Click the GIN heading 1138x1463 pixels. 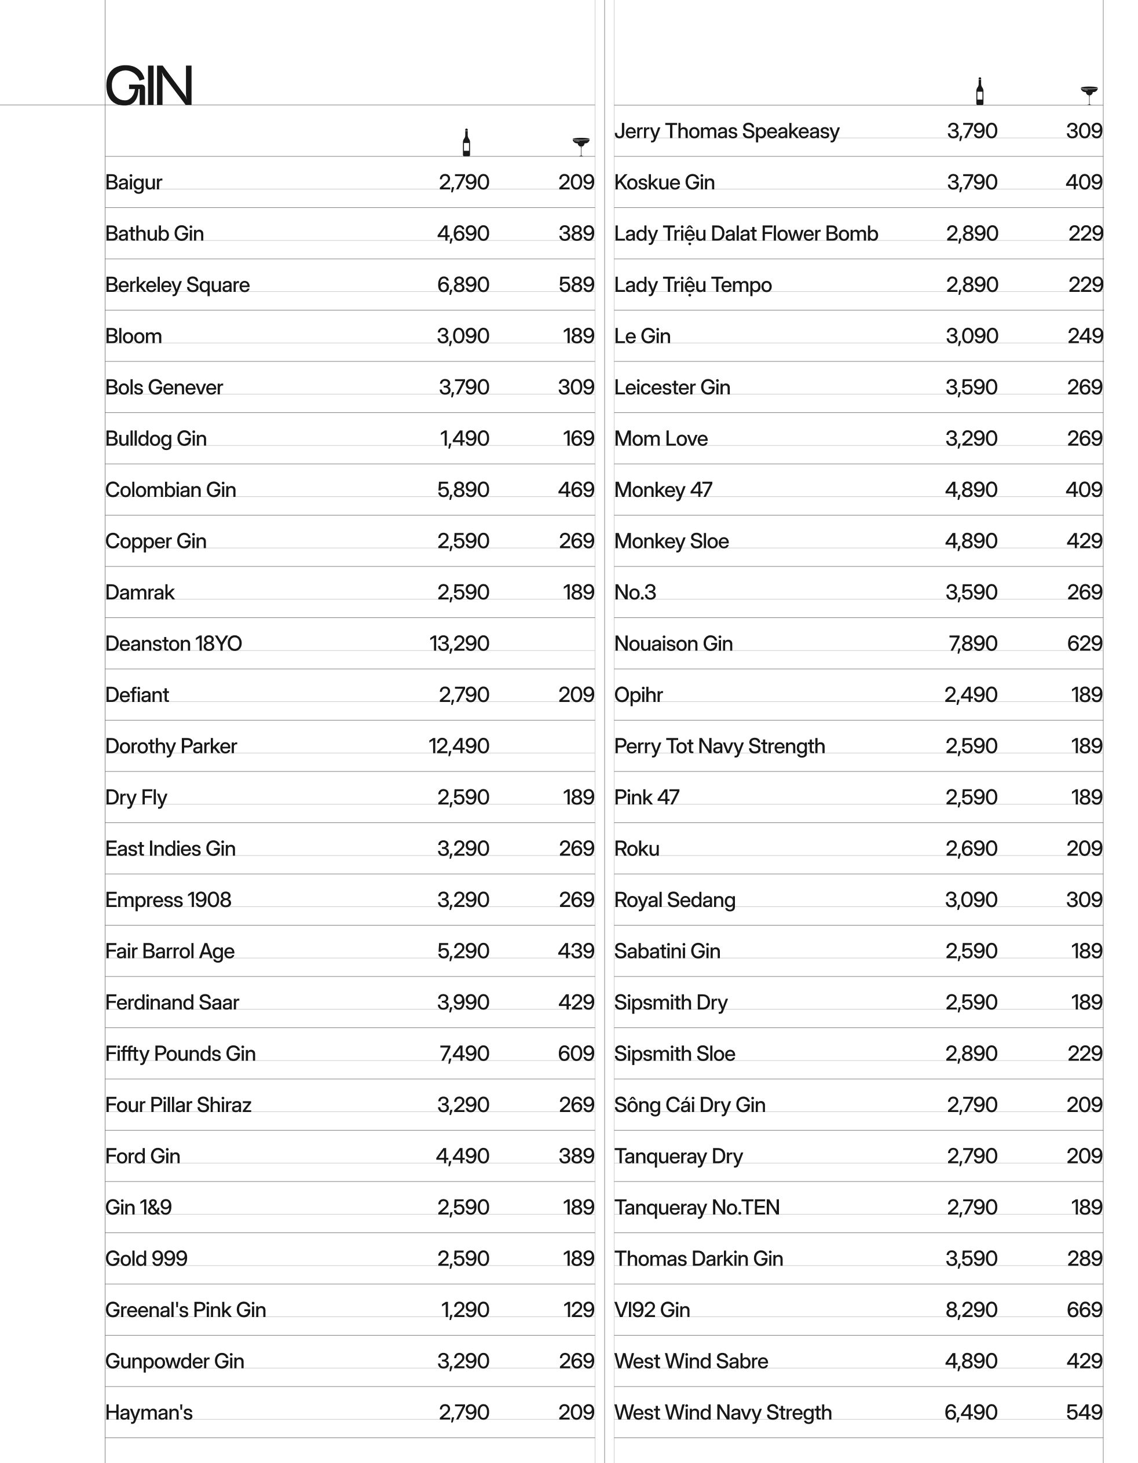pyautogui.click(x=149, y=85)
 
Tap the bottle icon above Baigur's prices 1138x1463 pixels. pyautogui.click(x=466, y=142)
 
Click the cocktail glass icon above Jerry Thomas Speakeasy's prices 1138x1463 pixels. pyautogui.click(x=1089, y=94)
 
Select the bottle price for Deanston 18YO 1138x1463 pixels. pyautogui.click(x=459, y=643)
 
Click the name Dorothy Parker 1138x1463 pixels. pyautogui.click(x=171, y=746)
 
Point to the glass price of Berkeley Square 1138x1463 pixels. pyautogui.click(x=576, y=285)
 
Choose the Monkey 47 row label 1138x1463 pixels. pyautogui.click(x=663, y=489)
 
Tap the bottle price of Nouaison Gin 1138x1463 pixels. pyautogui.click(x=972, y=643)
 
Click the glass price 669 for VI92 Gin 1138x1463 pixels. pyautogui.click(x=1084, y=1310)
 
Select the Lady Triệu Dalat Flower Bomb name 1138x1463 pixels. pyautogui.click(x=745, y=234)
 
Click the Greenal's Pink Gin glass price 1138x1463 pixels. pyautogui.click(x=579, y=1310)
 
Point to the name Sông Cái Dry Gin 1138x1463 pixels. pyautogui.click(x=689, y=1105)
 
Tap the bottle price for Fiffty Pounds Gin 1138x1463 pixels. pyautogui.click(x=464, y=1054)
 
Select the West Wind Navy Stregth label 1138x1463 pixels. pyautogui.click(x=723, y=1413)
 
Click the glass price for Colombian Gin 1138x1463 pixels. pyautogui.click(x=576, y=489)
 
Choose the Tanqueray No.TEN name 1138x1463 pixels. pyautogui.click(x=697, y=1208)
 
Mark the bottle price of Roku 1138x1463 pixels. pyautogui.click(x=971, y=848)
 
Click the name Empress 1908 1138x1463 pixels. pyautogui.click(x=168, y=899)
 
